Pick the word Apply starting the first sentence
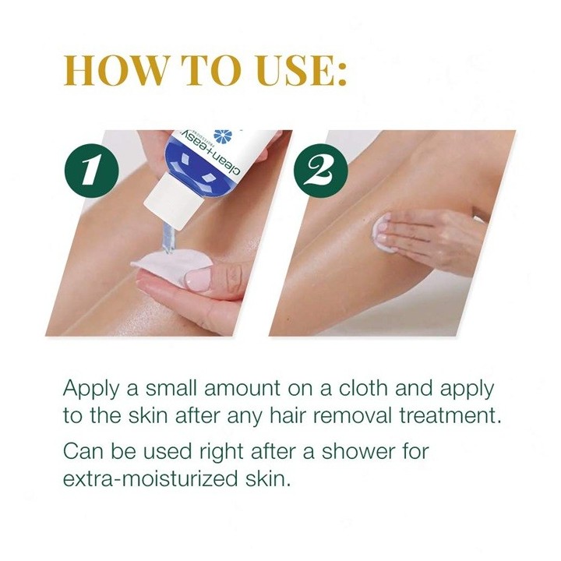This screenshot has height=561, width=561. pos(89,389)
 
